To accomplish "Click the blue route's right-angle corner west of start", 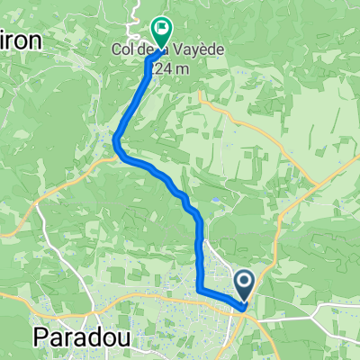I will pyautogui.click(x=199, y=289).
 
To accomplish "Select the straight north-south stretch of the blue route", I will pyautogui.click(x=199, y=252).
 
